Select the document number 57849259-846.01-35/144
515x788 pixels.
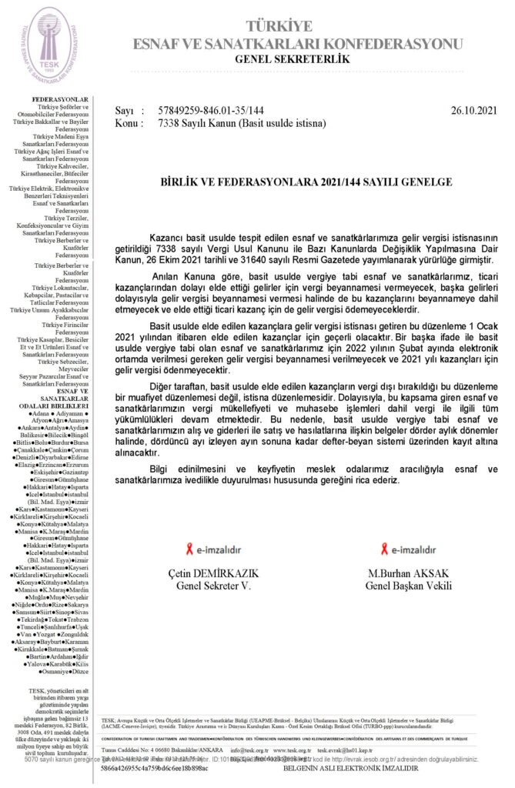[210, 111]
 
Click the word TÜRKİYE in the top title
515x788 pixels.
[303, 25]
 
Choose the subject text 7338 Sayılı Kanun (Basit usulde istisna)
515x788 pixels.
[242, 122]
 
